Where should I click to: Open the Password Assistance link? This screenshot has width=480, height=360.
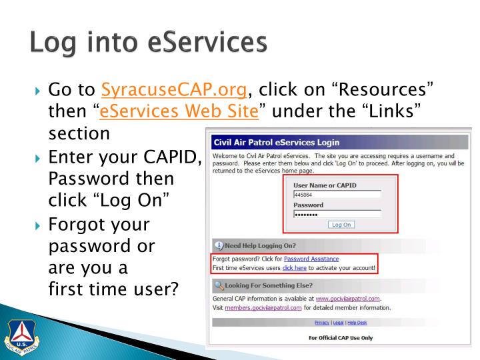(x=311, y=258)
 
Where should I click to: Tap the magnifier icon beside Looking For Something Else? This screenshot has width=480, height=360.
(x=219, y=286)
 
